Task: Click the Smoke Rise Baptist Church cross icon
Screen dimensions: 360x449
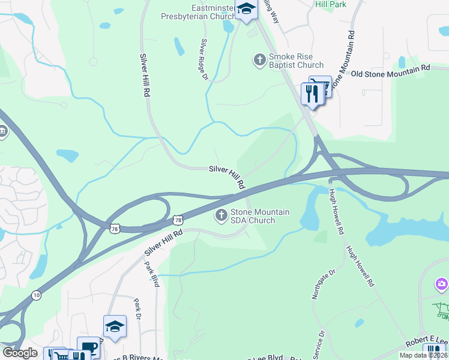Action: (x=259, y=60)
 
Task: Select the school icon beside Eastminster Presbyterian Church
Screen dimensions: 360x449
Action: (x=246, y=9)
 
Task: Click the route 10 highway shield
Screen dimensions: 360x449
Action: (x=36, y=295)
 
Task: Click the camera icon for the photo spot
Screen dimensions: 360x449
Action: (x=442, y=283)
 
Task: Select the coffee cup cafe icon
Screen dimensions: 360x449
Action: (x=88, y=347)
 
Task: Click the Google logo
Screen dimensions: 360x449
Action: (x=20, y=353)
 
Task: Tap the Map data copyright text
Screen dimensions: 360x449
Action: (x=423, y=355)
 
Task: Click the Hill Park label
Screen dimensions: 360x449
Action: (x=330, y=4)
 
